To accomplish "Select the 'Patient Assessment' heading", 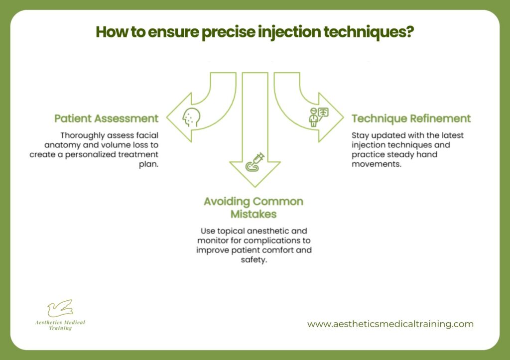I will [x=107, y=119].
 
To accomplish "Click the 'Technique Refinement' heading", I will [x=411, y=119].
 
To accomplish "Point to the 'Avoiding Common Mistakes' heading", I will [x=253, y=208].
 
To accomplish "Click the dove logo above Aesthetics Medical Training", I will [x=60, y=309].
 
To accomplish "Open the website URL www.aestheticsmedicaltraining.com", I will [x=390, y=324].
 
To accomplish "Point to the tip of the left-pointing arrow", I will [x=167, y=118].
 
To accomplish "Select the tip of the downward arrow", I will [x=254, y=187].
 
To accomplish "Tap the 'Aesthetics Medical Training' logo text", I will [x=60, y=325].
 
